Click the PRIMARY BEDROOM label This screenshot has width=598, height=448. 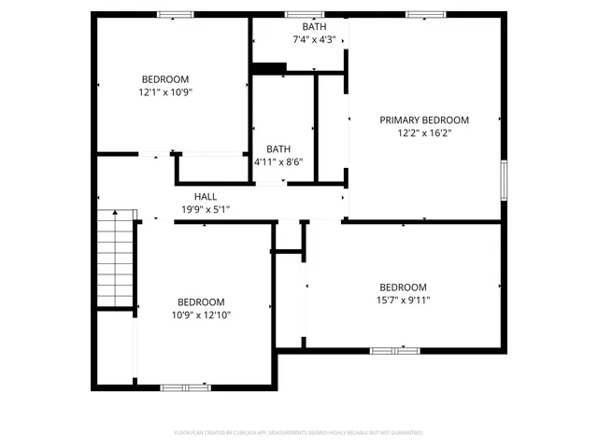(x=423, y=120)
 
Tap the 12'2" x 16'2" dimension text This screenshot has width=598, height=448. (x=423, y=133)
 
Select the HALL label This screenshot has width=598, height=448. (x=206, y=197)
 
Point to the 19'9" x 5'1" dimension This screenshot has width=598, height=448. (x=206, y=210)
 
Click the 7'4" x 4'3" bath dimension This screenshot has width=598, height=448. (x=302, y=40)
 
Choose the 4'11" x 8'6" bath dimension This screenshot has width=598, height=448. (x=278, y=162)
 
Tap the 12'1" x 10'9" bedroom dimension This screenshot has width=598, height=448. (x=165, y=92)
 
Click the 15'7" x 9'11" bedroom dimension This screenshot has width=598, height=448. (x=403, y=300)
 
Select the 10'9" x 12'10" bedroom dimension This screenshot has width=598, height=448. (x=201, y=315)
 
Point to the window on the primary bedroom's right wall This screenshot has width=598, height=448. (x=503, y=179)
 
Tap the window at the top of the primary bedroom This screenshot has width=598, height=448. (x=425, y=14)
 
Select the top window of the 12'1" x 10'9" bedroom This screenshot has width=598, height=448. (x=175, y=14)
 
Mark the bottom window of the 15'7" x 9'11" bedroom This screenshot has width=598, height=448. (x=394, y=350)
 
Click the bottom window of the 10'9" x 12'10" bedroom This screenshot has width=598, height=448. (x=185, y=386)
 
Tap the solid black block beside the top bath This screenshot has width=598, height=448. (x=269, y=67)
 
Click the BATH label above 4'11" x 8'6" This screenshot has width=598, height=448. (x=278, y=149)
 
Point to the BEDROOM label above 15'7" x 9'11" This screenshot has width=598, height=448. (x=403, y=287)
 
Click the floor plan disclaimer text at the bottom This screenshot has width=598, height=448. (x=299, y=433)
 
